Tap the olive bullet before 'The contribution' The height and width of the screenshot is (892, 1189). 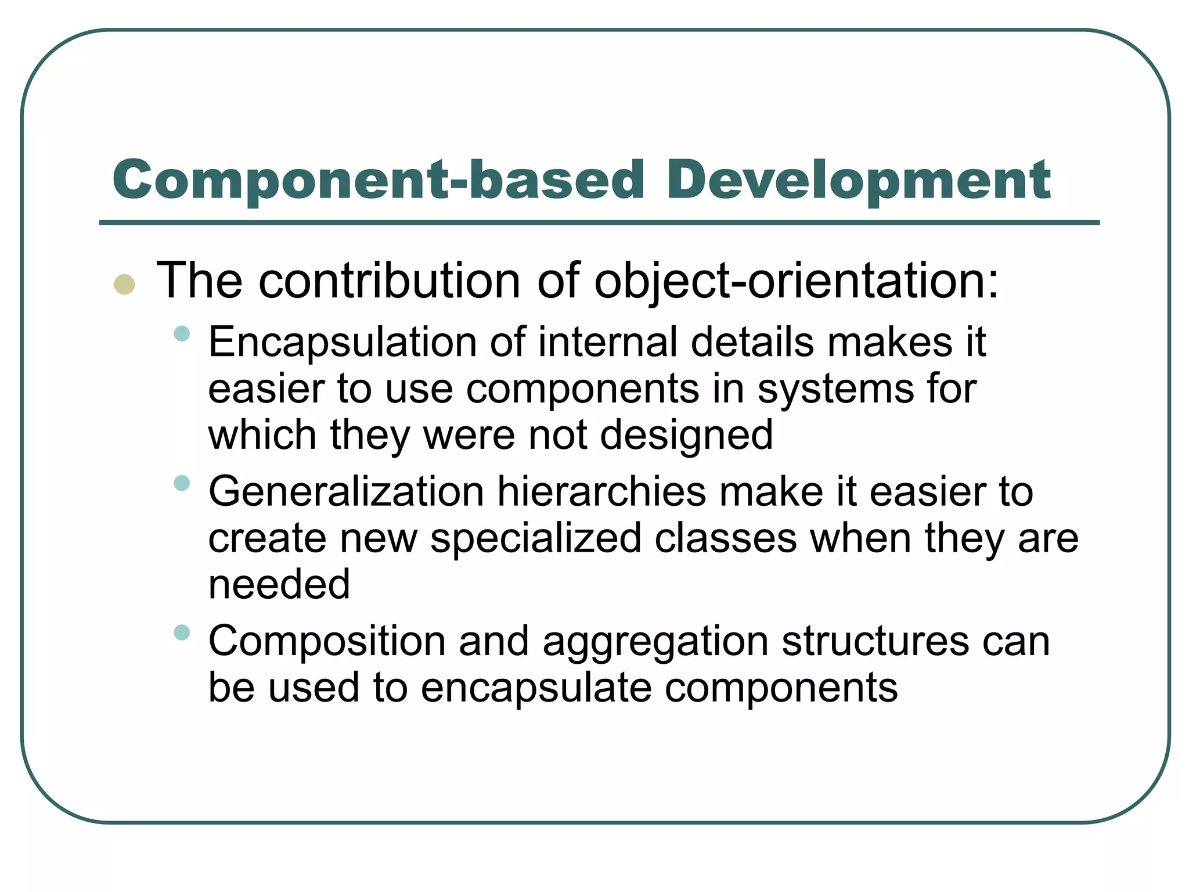click(125, 285)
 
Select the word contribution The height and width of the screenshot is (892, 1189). click(389, 281)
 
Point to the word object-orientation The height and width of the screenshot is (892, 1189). click(796, 282)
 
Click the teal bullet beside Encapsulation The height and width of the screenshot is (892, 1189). click(182, 333)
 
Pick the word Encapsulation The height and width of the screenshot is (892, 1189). click(343, 343)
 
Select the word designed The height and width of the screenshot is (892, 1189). click(686, 436)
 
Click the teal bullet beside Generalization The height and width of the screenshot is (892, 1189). click(182, 483)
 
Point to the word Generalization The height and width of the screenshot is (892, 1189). click(346, 492)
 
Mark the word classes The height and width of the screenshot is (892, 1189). click(726, 538)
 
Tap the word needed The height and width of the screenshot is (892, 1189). click(279, 584)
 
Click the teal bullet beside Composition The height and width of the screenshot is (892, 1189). click(182, 632)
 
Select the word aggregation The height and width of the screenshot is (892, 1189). click(655, 642)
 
